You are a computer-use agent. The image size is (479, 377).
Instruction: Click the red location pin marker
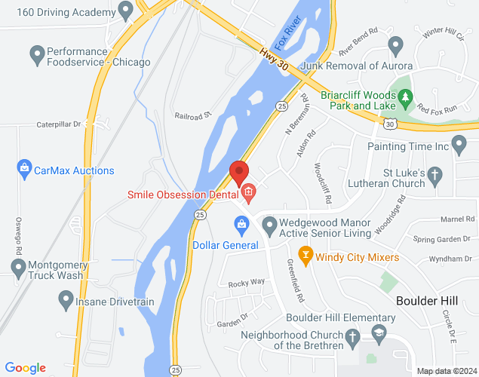tap(239, 173)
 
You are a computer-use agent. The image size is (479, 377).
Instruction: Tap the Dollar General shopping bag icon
tap(241, 223)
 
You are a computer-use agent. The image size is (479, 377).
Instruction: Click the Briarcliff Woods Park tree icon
tap(405, 97)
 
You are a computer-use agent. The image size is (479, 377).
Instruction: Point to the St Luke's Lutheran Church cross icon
tap(434, 176)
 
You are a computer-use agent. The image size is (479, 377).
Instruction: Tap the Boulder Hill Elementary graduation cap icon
tap(378, 333)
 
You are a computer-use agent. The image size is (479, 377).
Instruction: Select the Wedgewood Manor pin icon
tap(268, 223)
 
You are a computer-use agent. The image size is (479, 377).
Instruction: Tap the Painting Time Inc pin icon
tap(459, 144)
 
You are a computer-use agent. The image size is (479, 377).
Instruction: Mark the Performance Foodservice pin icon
tap(35, 54)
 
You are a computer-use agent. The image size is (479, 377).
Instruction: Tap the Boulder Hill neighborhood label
tap(427, 300)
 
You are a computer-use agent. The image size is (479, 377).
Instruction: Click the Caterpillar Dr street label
tap(58, 124)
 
